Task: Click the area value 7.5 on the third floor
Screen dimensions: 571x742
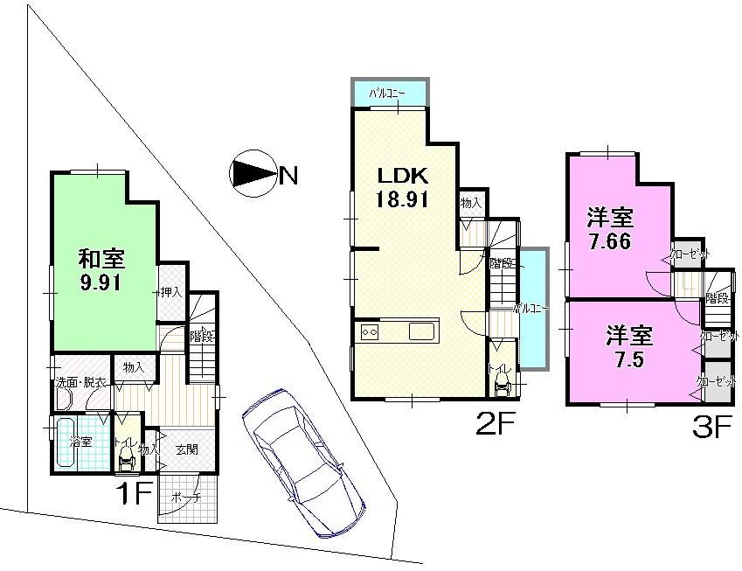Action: pos(628,359)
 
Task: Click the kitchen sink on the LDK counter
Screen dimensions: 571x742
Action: pos(420,332)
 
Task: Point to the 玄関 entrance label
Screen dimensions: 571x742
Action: pos(185,449)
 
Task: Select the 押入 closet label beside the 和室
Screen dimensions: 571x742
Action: pos(170,293)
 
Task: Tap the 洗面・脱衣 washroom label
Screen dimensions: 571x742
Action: pos(82,382)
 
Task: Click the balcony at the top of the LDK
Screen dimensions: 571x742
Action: pos(390,91)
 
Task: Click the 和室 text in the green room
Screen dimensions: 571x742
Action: pos(101,259)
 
